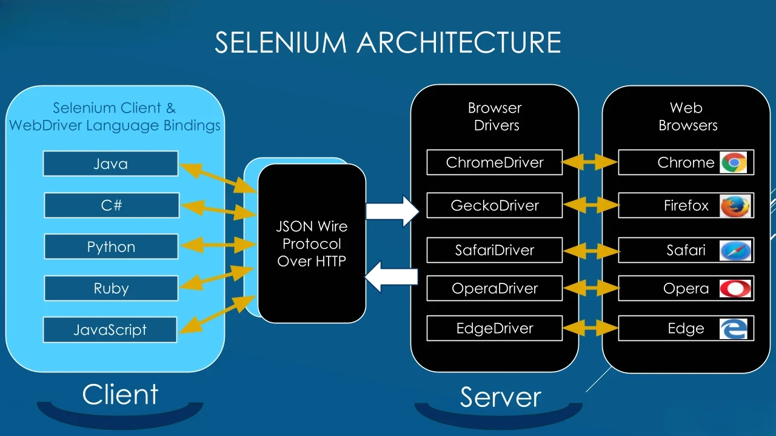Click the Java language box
coord(110,163)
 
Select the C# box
coord(112,205)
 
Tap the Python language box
coord(111,247)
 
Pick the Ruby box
coord(111,288)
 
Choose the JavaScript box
coord(110,330)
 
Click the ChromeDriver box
coord(495,162)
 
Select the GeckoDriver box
coord(495,205)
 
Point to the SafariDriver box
coord(495,250)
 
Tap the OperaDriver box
coord(495,288)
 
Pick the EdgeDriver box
coord(495,328)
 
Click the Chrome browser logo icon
coord(734,162)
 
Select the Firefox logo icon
coord(735,206)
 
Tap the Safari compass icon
coord(735,250)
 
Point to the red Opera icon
coord(735,288)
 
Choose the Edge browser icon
coord(734,329)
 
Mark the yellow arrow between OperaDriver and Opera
coord(590,288)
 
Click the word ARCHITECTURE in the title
coord(458,42)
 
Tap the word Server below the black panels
coord(500,397)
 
